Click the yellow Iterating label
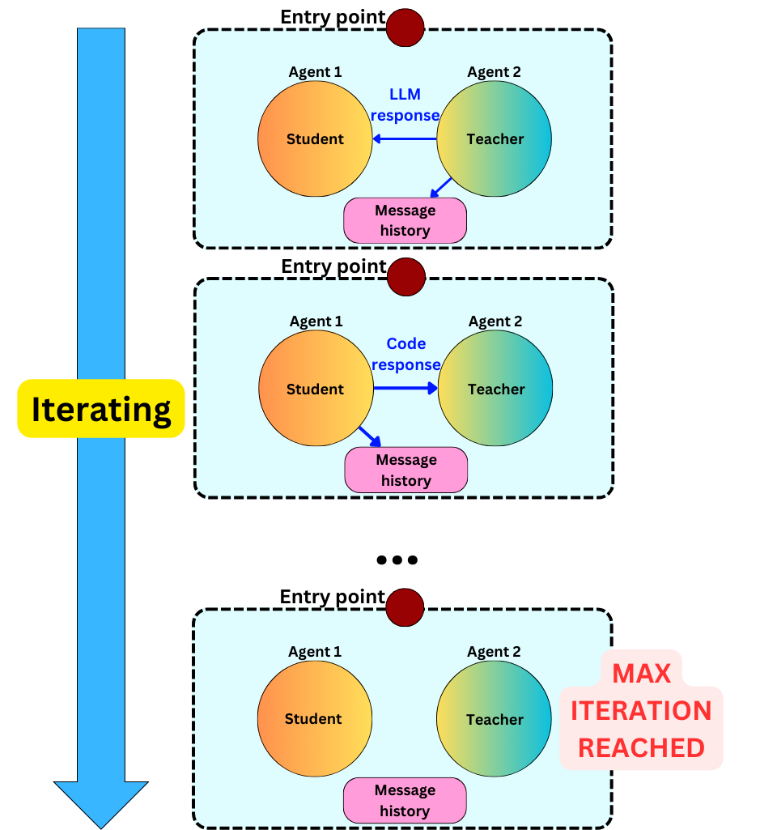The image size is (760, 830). [x=101, y=409]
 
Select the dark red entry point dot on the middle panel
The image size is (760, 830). [x=405, y=276]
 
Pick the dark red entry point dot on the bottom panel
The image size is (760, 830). [x=405, y=607]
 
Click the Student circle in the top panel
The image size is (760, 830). [x=315, y=138]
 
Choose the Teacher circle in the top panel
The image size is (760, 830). [x=495, y=138]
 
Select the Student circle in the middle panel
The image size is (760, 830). [x=316, y=389]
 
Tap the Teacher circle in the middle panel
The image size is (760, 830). [x=495, y=389]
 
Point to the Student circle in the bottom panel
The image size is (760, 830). [x=314, y=719]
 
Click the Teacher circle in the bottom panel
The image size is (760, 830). [x=494, y=719]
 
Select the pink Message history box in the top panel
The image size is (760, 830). [x=405, y=220]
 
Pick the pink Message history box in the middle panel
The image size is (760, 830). [x=406, y=470]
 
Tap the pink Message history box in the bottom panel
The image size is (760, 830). [x=405, y=800]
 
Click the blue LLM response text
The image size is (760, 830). [x=405, y=105]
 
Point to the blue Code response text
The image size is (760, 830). [x=406, y=355]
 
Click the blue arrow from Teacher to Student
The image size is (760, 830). [x=405, y=138]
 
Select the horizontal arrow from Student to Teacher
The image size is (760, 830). [x=405, y=389]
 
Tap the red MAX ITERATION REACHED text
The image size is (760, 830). [x=641, y=711]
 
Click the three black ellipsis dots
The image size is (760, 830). [x=397, y=560]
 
